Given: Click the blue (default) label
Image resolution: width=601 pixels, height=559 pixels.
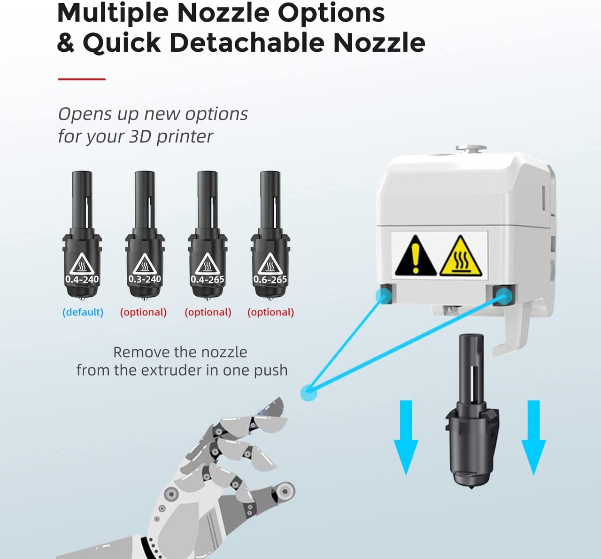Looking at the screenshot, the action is point(83,312).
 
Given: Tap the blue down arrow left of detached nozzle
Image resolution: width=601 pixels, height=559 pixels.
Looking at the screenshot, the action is point(406,437).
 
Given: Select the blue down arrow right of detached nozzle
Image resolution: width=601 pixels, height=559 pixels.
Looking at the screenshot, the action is point(533,437).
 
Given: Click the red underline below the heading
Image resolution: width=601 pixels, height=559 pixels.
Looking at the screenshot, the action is point(82,79).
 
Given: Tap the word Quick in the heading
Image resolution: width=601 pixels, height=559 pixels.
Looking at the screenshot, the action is point(122,43).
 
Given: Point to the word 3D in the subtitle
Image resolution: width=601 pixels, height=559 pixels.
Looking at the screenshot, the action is point(140,136).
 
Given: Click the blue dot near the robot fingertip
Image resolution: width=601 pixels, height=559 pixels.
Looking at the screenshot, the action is point(308,393).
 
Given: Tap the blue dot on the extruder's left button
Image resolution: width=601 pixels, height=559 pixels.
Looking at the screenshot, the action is point(384,295).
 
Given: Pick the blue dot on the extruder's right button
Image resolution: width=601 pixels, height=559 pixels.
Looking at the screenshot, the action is point(504,296).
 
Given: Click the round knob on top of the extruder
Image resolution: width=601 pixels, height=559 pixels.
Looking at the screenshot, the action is point(471,149).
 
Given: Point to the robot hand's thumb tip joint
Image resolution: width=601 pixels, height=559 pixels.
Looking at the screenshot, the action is point(284,491).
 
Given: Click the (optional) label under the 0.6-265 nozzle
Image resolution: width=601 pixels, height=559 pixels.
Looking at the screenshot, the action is point(271,312).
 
